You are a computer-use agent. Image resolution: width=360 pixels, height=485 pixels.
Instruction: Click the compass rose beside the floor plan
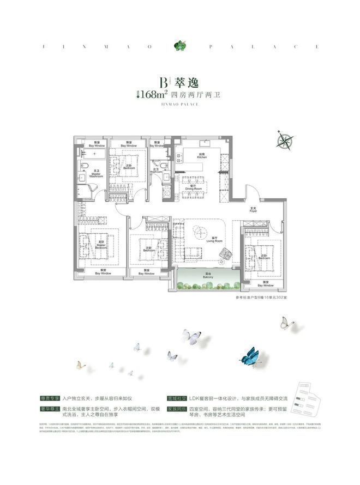click(x=284, y=140)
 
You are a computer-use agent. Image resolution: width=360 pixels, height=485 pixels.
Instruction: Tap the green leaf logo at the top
click(x=179, y=46)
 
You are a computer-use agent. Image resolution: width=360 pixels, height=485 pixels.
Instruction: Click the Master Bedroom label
click(x=101, y=244)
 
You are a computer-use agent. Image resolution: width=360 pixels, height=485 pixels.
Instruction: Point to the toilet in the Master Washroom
click(x=84, y=164)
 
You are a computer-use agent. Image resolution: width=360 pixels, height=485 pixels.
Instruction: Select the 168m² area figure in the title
click(x=152, y=94)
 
